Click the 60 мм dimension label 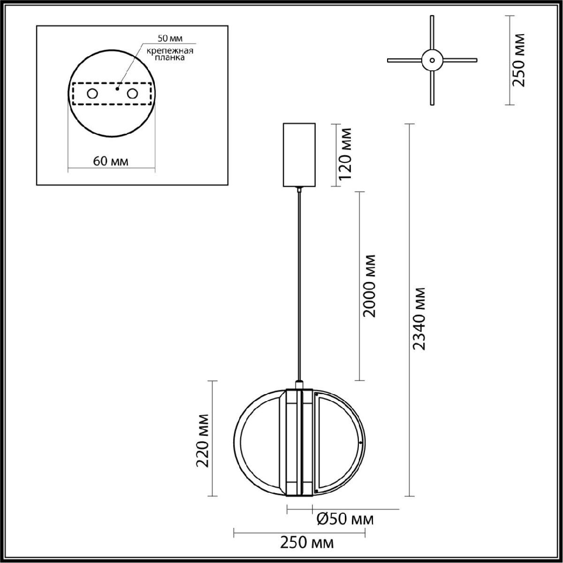point(110,161)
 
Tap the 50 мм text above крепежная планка point(170,38)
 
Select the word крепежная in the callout point(170,51)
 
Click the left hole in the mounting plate point(92,94)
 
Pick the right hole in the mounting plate point(132,94)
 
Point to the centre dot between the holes point(117,89)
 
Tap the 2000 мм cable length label point(368,286)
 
